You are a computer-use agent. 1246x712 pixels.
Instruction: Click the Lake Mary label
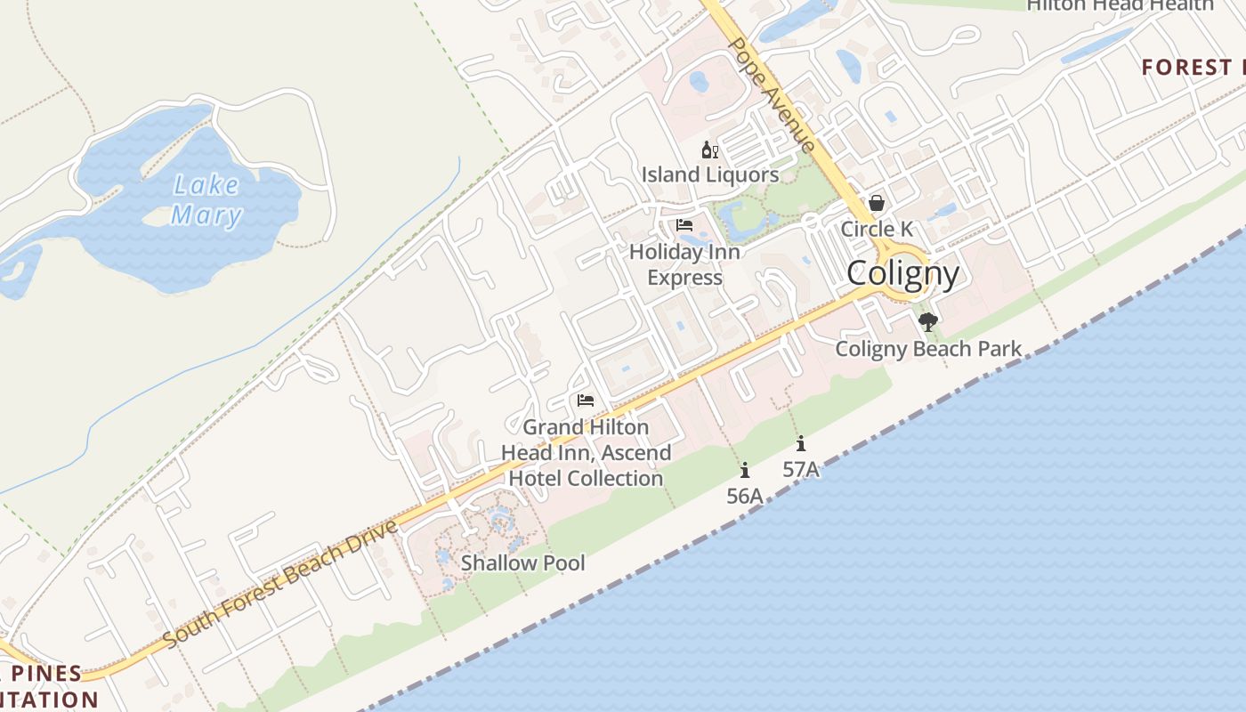(206, 200)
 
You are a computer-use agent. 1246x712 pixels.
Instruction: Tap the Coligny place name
(902, 273)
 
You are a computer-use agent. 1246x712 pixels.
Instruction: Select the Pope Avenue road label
(772, 94)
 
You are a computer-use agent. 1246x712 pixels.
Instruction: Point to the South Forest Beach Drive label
(280, 583)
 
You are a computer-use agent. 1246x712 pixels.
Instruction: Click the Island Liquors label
(710, 174)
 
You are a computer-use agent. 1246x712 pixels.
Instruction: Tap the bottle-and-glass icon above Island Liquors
(709, 150)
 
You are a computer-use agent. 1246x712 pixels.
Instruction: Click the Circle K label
(877, 229)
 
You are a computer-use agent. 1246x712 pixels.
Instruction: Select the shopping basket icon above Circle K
(877, 204)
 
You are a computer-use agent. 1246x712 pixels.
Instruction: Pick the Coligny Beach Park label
(928, 349)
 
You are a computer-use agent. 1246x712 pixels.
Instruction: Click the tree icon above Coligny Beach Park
(928, 321)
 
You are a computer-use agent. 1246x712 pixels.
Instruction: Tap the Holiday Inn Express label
(684, 264)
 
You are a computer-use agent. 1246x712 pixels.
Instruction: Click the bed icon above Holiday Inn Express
(684, 225)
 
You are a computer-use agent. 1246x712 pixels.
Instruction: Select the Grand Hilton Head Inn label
(586, 452)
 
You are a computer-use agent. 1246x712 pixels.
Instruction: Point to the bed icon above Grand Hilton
(585, 400)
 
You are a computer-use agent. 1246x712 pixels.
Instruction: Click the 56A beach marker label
(745, 496)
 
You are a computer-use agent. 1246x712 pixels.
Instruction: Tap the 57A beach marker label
(801, 468)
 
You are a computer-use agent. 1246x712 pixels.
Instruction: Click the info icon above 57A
(801, 443)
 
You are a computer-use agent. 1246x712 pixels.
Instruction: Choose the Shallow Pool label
(523, 562)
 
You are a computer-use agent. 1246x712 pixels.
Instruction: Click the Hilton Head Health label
(1119, 5)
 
